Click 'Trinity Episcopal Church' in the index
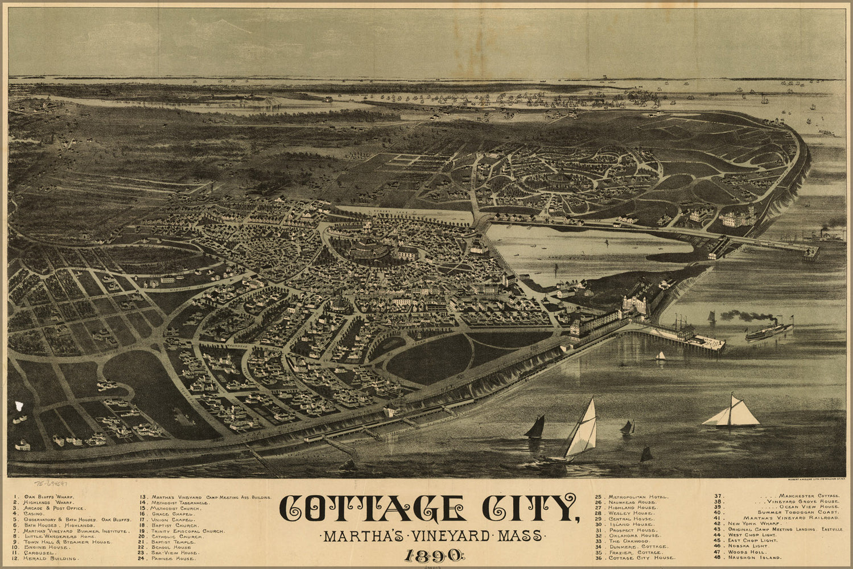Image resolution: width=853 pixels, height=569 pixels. coord(188,531)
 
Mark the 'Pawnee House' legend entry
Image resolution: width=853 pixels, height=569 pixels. coord(174,558)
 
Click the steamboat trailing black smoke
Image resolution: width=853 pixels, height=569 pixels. coord(768,330)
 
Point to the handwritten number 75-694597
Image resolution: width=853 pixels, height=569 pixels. coord(54,484)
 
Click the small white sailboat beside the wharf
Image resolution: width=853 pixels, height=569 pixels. coord(660,356)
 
